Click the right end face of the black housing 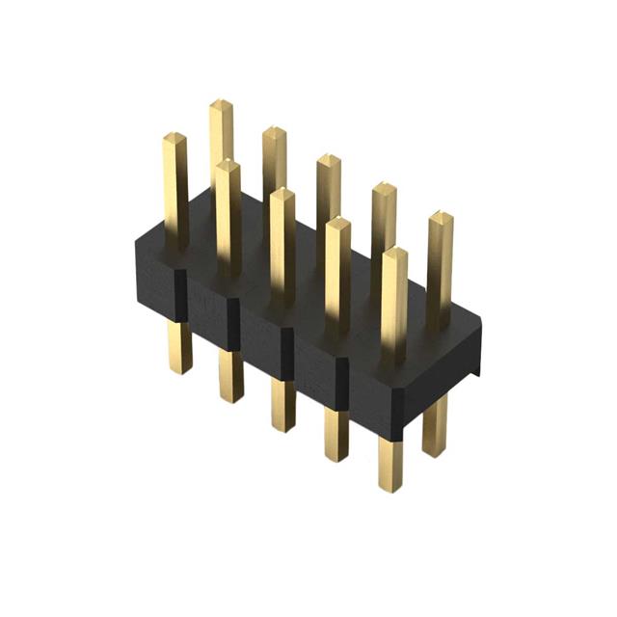point(451,366)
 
